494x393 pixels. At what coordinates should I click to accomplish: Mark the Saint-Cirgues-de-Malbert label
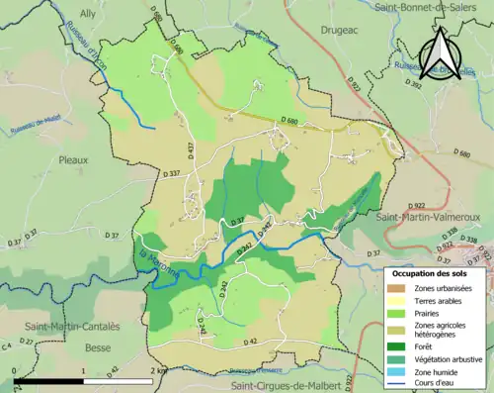(x=288, y=382)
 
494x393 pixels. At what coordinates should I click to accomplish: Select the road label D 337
(x=170, y=173)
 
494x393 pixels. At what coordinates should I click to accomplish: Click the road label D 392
(x=415, y=86)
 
